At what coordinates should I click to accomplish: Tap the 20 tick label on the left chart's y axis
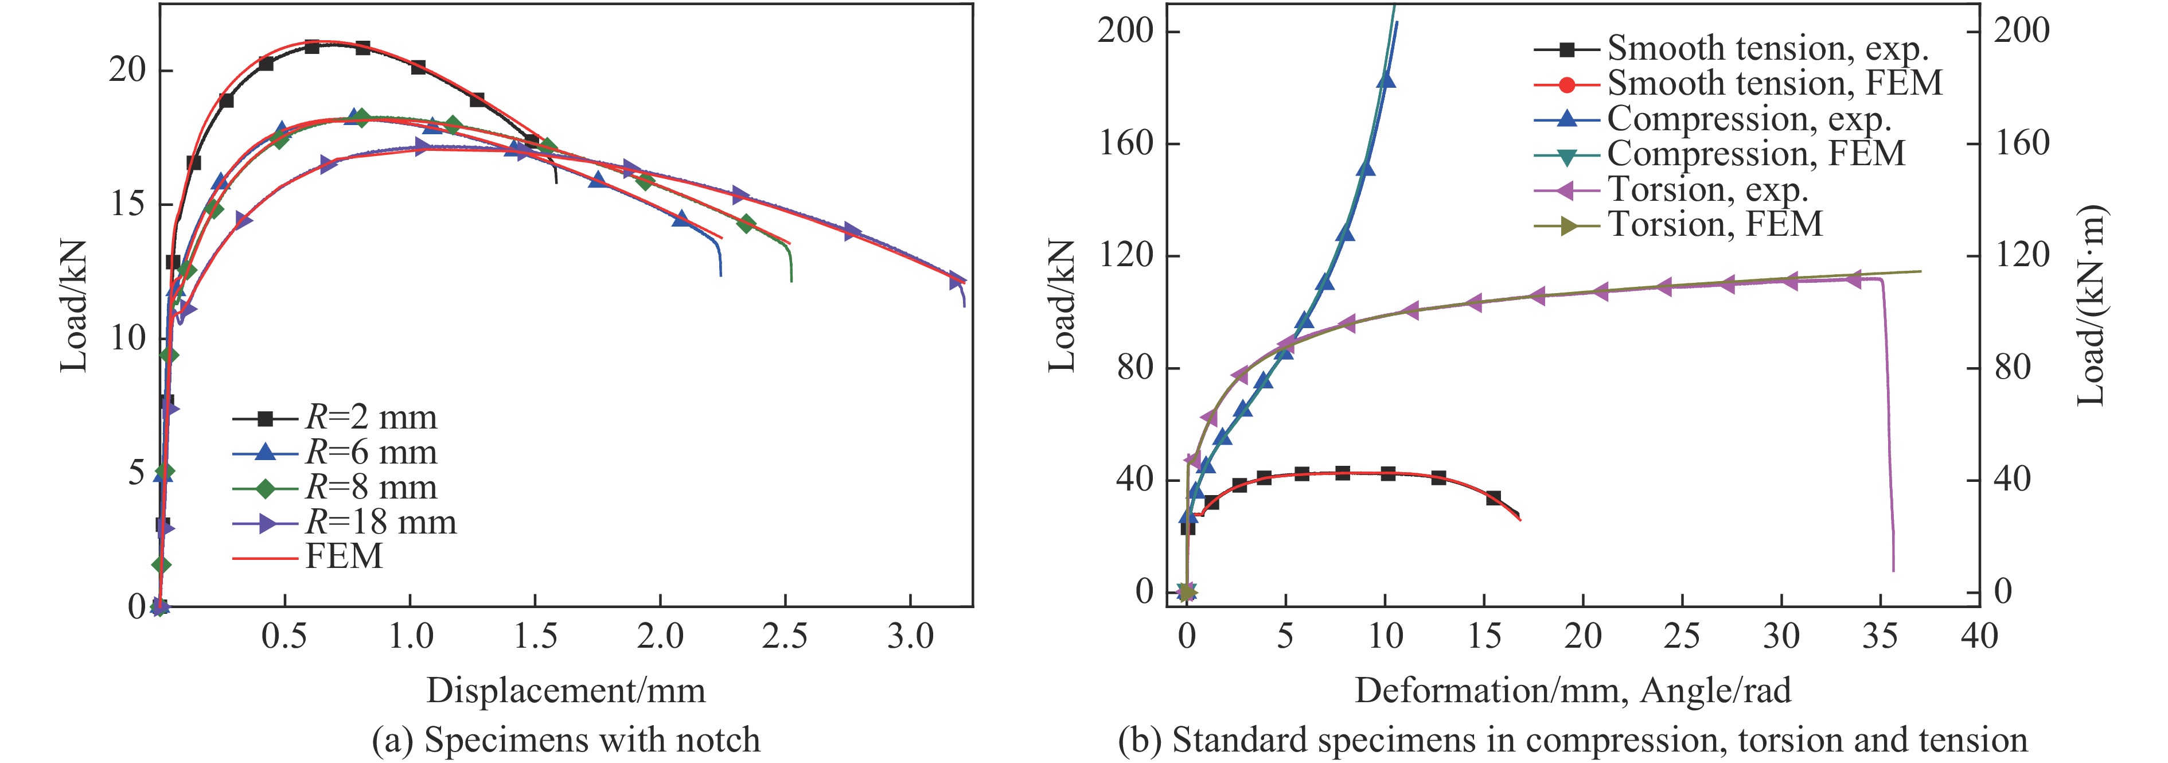click(x=127, y=69)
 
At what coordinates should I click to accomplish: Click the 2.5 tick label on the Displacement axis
click(x=785, y=637)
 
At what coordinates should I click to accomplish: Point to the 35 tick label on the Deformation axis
click(x=1880, y=637)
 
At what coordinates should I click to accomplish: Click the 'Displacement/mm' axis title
click(x=566, y=691)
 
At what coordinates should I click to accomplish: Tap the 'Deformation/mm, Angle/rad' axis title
click(x=1572, y=691)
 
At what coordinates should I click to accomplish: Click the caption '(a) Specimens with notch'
click(x=566, y=740)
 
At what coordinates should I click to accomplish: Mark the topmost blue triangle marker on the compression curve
click(x=1385, y=80)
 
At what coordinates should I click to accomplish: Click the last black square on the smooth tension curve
click(x=1494, y=498)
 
